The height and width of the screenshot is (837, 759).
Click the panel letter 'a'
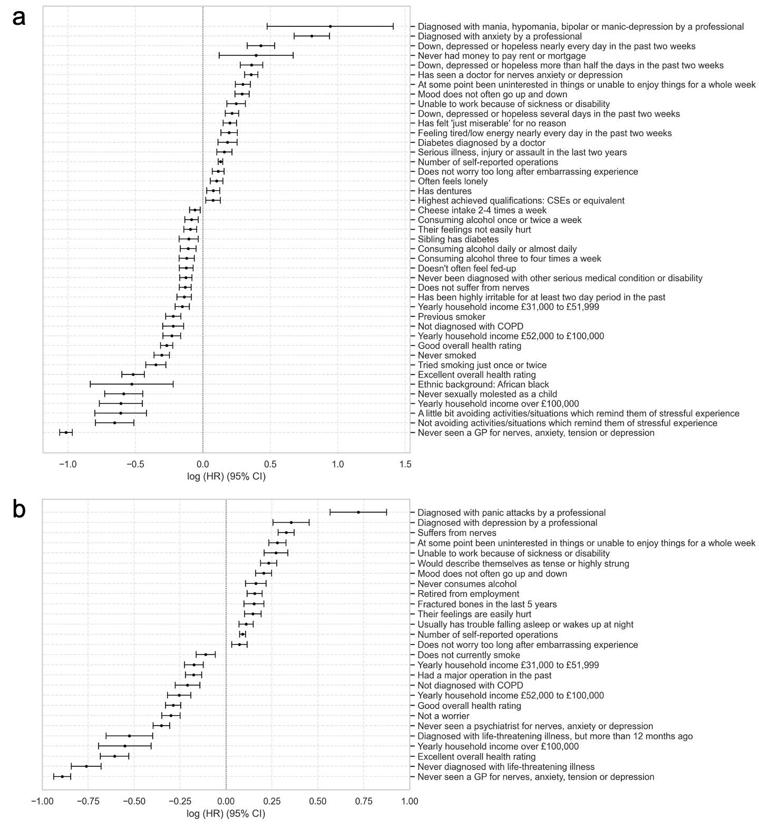coord(19,17)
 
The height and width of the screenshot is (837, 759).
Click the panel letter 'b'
coord(19,509)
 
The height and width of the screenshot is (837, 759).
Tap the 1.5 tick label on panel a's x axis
coord(405,465)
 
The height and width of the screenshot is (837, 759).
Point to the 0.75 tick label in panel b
coord(364,802)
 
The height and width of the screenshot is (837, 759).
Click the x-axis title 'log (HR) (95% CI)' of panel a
coord(226,477)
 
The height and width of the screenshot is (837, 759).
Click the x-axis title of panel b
coord(226,814)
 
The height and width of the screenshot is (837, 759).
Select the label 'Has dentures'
coord(444,191)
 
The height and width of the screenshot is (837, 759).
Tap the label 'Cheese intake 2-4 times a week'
coord(482,210)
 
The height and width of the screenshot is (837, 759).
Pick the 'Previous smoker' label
coord(451,317)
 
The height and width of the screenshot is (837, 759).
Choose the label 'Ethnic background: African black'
coord(483,384)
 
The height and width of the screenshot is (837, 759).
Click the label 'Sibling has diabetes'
coord(458,239)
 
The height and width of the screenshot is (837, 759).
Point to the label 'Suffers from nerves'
coord(456,533)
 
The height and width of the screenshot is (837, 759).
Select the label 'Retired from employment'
coord(468,594)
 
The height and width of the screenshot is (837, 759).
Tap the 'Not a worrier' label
coord(443,716)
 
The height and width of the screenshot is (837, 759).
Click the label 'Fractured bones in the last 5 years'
coord(487,604)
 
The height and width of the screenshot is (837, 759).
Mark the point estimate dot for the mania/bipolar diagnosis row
coord(330,26)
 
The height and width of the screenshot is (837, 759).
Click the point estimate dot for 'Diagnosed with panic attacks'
coord(358,512)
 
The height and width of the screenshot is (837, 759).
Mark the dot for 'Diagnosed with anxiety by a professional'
coord(312,36)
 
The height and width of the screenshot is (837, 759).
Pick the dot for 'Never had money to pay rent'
coord(256,55)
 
